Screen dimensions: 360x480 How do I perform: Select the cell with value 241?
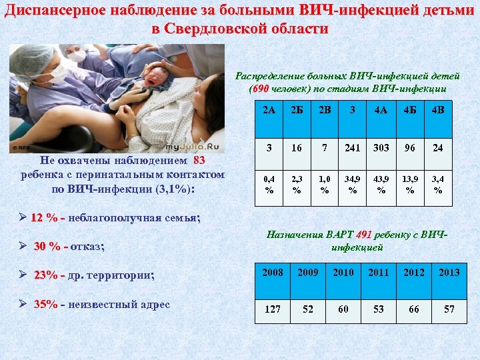coord(352,147)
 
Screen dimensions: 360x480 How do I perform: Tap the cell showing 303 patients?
coord(381,147)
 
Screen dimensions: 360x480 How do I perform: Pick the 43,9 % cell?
coord(381,184)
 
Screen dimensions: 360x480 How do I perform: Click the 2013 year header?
coord(449,273)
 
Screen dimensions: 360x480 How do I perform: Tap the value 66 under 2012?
coord(413,309)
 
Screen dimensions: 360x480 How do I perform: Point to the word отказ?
coord(86,247)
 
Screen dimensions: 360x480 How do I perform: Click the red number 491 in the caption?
coord(363,235)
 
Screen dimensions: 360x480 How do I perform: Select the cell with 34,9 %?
coord(352,184)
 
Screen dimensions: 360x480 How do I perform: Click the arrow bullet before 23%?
coord(24,275)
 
